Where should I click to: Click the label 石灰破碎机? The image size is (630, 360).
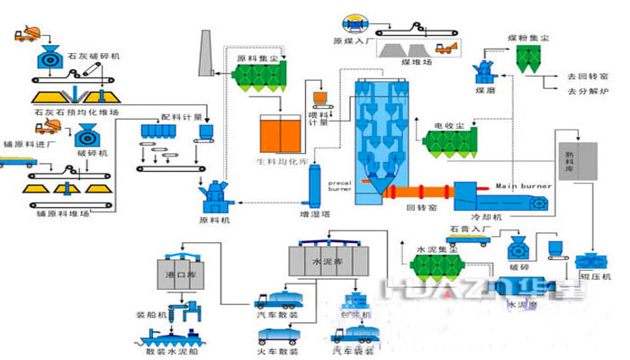click(x=95, y=57)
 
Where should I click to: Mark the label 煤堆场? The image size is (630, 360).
click(x=418, y=64)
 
